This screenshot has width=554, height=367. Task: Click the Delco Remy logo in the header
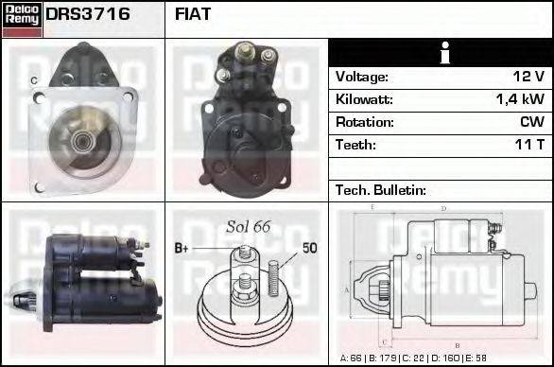(22, 19)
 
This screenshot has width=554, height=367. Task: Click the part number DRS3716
(88, 15)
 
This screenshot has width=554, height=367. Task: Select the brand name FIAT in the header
(193, 15)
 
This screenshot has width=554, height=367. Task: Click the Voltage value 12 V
(527, 77)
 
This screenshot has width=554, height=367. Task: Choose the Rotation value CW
(531, 122)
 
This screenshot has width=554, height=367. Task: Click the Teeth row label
(355, 145)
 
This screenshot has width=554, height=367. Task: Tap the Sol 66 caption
(248, 227)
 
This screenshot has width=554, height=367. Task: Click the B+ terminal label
(182, 249)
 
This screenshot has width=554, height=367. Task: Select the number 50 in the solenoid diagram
(309, 249)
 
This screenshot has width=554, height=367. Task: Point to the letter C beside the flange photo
(34, 81)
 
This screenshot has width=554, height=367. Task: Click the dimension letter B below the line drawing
(458, 346)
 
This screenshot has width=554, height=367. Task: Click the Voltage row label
(361, 77)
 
